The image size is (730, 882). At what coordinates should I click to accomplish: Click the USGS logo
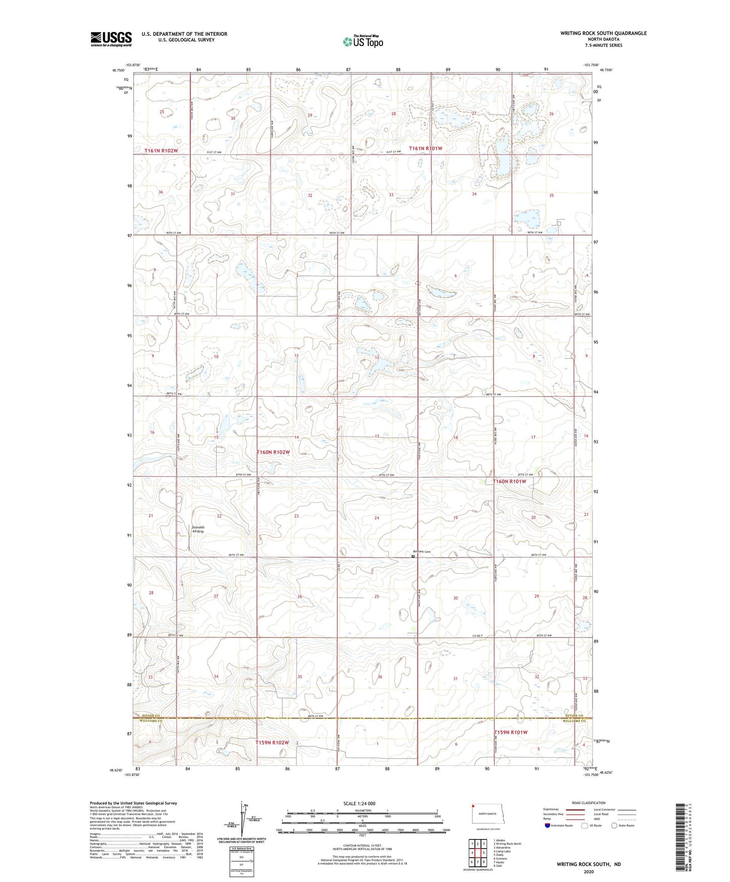pyautogui.click(x=111, y=39)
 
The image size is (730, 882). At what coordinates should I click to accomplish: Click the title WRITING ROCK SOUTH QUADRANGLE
pyautogui.click(x=603, y=33)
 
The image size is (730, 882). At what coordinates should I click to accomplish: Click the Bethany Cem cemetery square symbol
pyautogui.click(x=413, y=556)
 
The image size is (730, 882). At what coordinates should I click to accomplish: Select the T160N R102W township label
pyautogui.click(x=273, y=452)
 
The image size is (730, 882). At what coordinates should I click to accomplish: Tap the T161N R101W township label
pyautogui.click(x=425, y=149)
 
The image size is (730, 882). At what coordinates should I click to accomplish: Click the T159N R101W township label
pyautogui.click(x=510, y=732)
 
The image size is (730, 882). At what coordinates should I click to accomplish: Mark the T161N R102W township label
pyautogui.click(x=161, y=151)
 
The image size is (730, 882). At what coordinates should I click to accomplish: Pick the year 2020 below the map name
pyautogui.click(x=589, y=871)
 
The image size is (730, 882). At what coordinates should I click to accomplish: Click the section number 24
pyautogui.click(x=376, y=518)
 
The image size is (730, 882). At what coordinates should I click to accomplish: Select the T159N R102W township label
pyautogui.click(x=272, y=742)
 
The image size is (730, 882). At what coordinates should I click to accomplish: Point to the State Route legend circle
pyautogui.click(x=614, y=826)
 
